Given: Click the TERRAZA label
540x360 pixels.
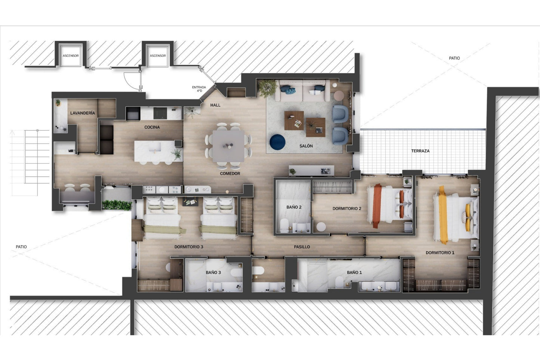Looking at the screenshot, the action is coord(420,151).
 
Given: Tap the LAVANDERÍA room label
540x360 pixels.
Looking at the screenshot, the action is coord(83,113).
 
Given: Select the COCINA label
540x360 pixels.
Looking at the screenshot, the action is coord(152,127).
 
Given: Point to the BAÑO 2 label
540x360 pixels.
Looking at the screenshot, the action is coord(294,207).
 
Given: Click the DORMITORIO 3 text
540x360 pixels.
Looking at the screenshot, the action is coord(189,247).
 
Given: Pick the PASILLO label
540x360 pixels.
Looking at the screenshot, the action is coord(302,247).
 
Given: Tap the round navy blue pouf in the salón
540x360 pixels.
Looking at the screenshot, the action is coord(277,142).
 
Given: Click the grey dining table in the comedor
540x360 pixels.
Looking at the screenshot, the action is coord(228,146).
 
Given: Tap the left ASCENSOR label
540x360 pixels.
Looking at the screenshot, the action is coord(71,56).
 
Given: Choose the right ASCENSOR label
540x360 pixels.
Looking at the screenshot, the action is coord(158,56).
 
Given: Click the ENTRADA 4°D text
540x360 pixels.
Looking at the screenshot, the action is coord(199,89).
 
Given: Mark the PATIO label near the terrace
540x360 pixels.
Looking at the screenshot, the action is coord(454,58).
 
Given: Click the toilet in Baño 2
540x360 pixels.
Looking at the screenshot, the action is coord(284,225).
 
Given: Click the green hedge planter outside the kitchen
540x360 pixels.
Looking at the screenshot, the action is coord(117,205).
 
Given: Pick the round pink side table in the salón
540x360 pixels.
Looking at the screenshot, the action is coord(339,95).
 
